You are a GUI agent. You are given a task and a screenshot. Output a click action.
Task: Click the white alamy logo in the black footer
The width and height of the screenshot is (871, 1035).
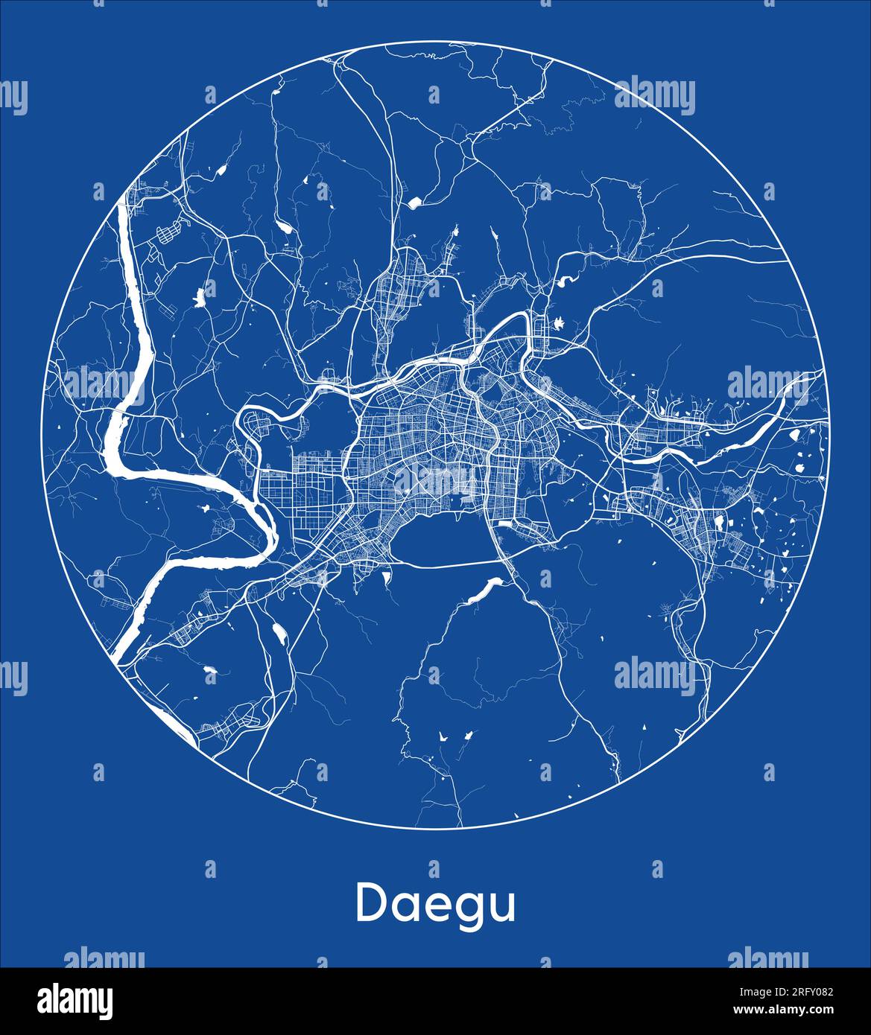coord(75,1000)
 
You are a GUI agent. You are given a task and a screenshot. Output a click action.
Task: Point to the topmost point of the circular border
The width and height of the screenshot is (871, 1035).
coord(435,43)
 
